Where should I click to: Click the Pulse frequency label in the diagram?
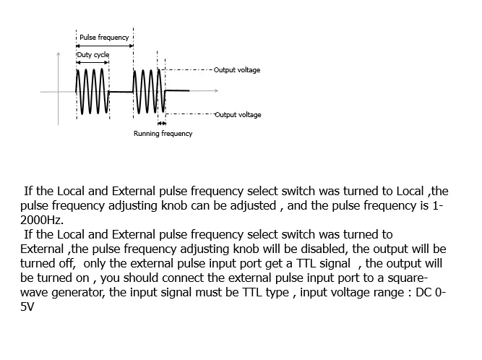click(x=104, y=37)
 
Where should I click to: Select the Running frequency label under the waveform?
click(x=163, y=134)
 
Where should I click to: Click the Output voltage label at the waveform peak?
click(x=238, y=70)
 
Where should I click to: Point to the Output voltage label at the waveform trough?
click(x=238, y=115)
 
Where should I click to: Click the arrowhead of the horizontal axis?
click(x=216, y=91)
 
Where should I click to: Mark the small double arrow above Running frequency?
click(x=161, y=123)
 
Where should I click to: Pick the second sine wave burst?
click(x=150, y=91)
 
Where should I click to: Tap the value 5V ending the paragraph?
click(x=28, y=307)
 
